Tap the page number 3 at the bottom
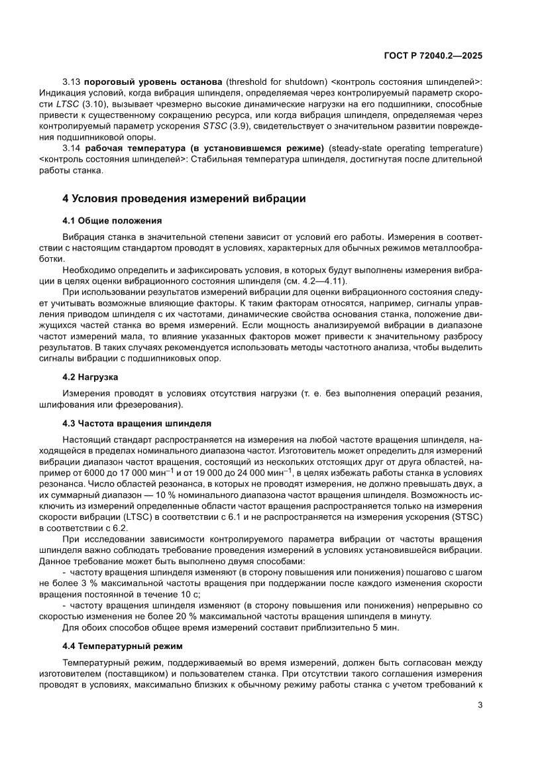click(x=479, y=705)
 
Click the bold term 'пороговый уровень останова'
click(x=154, y=81)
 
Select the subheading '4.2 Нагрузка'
click(x=90, y=377)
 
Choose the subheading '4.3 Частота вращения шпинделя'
click(x=137, y=422)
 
